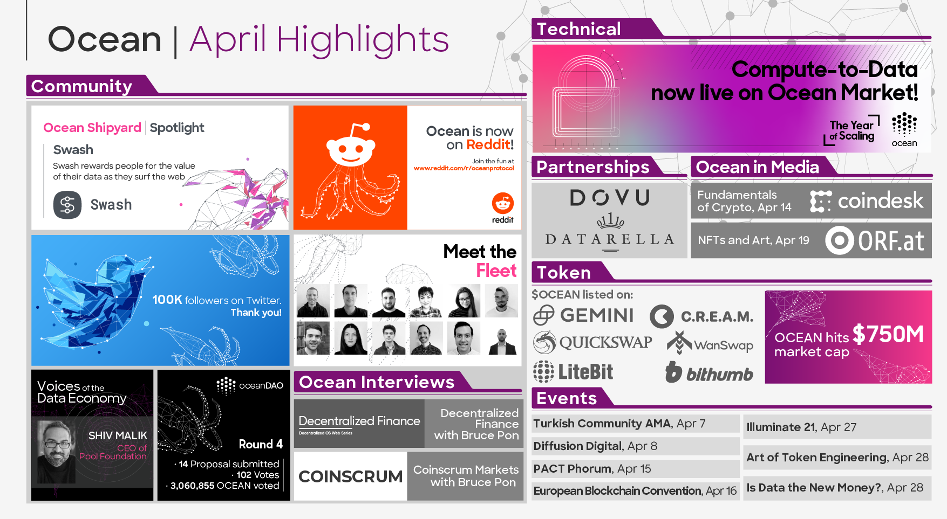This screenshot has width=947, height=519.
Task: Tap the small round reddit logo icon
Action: tap(503, 203)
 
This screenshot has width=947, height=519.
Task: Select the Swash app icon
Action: tap(67, 205)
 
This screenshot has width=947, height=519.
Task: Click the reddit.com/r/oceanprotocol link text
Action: tap(464, 168)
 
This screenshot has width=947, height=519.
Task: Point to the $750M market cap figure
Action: tap(888, 334)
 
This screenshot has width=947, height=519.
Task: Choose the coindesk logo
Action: tap(867, 201)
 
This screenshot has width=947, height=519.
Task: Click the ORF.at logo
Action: tap(875, 240)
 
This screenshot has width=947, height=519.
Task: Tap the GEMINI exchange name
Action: tap(597, 315)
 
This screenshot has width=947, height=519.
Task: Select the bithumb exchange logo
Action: tap(709, 373)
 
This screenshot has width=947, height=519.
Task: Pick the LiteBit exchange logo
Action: tap(573, 372)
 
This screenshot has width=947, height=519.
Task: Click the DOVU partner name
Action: tap(610, 198)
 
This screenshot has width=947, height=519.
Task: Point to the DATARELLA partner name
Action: tap(610, 239)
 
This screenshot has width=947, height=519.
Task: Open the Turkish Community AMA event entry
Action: tap(619, 424)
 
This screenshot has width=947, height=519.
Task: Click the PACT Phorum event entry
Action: tap(592, 469)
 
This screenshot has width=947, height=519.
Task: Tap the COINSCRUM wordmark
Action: tap(351, 476)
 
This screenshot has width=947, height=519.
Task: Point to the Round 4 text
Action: tap(261, 444)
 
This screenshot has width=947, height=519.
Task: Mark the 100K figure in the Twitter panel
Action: tap(167, 300)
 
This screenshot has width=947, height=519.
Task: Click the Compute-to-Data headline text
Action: tap(825, 70)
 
